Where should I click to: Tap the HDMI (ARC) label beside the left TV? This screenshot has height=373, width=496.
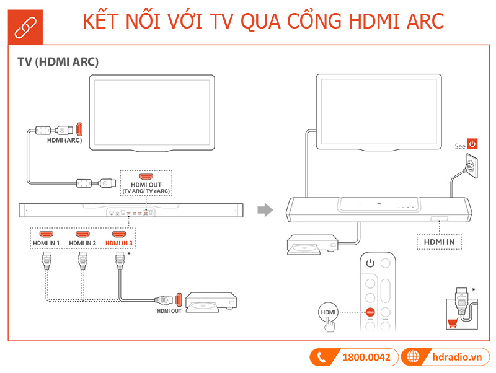[64, 141]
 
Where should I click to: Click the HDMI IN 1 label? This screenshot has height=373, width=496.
[46, 244]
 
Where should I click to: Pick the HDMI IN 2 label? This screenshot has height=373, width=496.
[82, 244]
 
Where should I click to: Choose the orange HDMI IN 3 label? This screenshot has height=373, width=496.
[119, 244]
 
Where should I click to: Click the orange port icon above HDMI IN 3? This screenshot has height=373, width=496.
[119, 235]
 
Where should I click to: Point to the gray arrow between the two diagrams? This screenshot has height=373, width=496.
[265, 210]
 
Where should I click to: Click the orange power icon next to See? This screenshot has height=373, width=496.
[472, 144]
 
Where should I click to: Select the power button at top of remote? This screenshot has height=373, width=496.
[370, 263]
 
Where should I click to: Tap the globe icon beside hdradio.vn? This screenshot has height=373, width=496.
[412, 357]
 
